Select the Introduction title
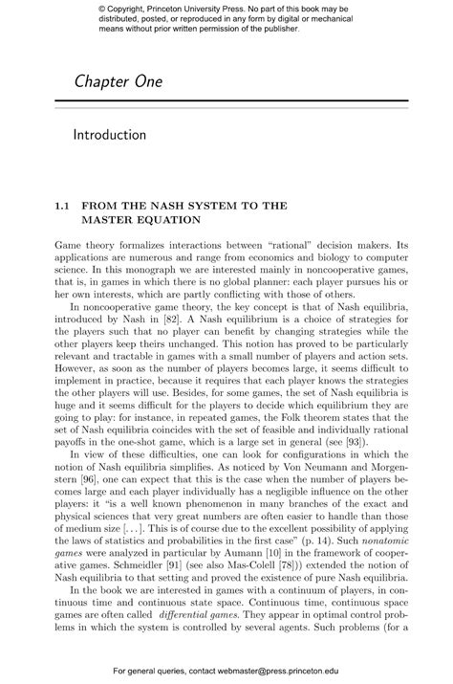110,135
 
